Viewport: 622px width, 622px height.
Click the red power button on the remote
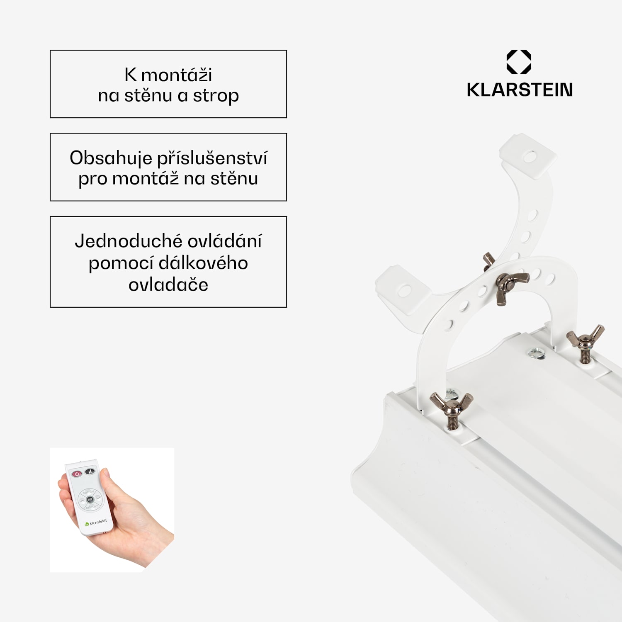[77, 474]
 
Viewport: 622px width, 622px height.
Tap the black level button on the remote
[90, 471]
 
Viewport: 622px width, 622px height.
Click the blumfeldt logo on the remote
[96, 523]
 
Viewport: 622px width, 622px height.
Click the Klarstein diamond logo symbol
[519, 62]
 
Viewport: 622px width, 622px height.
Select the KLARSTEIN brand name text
[520, 90]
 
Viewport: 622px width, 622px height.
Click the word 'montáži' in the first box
[177, 75]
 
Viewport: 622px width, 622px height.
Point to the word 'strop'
[216, 96]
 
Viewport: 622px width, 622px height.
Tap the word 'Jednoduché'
[122, 241]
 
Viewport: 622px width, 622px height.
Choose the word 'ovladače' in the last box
[168, 285]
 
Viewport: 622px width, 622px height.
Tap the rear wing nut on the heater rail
[586, 341]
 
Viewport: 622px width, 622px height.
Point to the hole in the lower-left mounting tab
[404, 291]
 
